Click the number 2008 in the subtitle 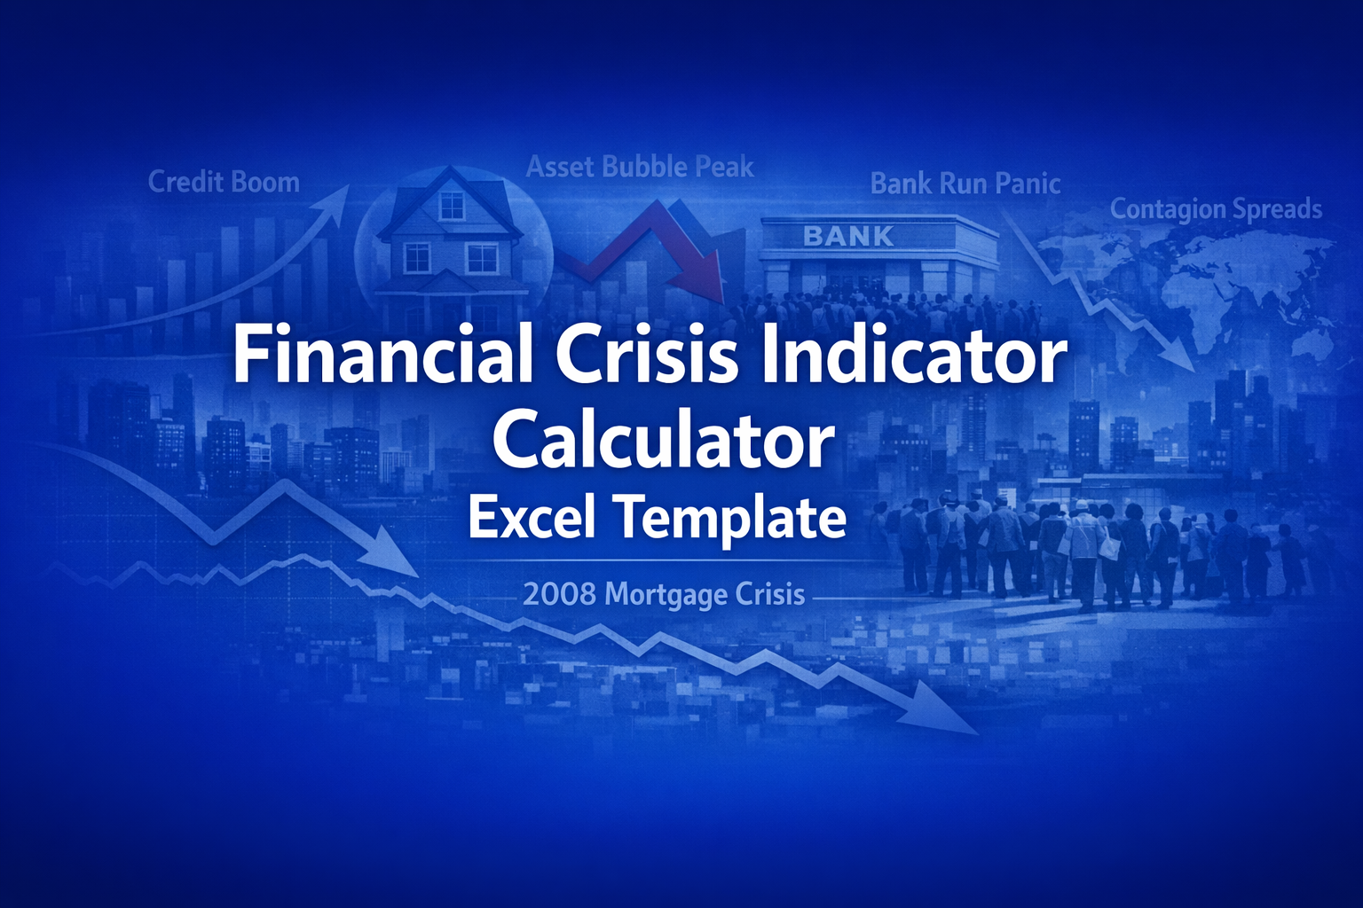click(559, 593)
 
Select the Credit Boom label click(224, 183)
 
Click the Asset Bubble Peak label click(640, 167)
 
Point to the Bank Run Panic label click(965, 184)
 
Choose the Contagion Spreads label click(1216, 209)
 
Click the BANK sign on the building click(848, 236)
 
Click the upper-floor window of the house click(452, 205)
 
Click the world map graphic click(1216, 275)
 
